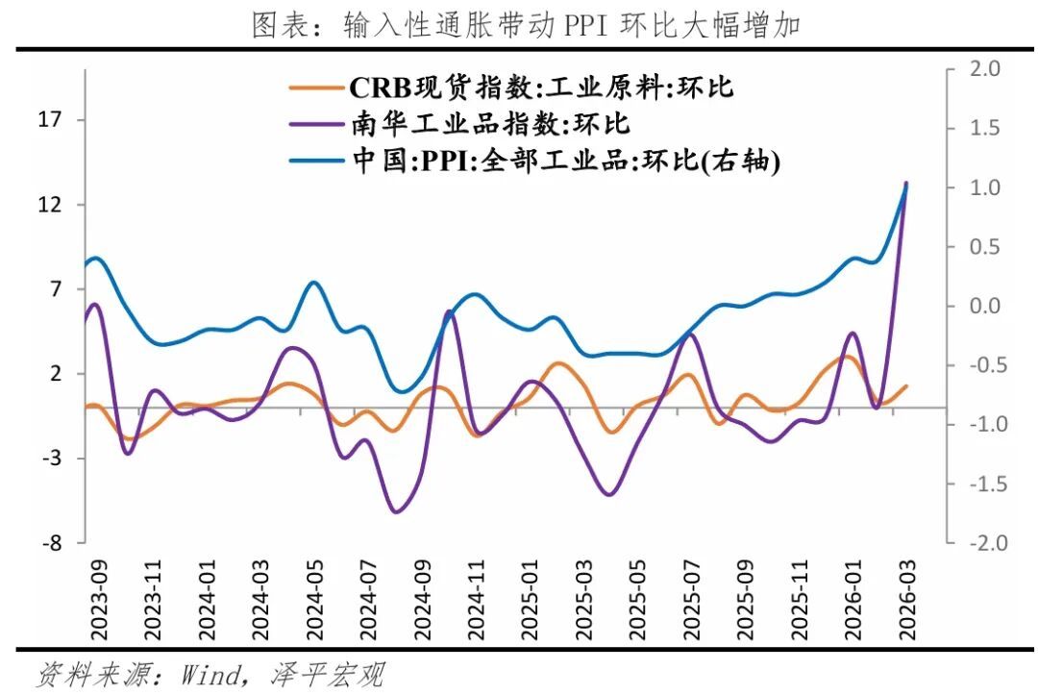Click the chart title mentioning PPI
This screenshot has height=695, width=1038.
[x=526, y=25]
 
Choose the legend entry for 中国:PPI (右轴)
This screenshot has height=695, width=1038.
[x=562, y=161]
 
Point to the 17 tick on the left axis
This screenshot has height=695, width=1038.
[x=49, y=120]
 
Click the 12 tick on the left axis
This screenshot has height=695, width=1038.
[x=49, y=205]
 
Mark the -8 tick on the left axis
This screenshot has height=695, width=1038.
[x=52, y=543]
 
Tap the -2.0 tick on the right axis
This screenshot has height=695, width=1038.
[x=981, y=543]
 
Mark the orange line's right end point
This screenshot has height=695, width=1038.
[x=906, y=385]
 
